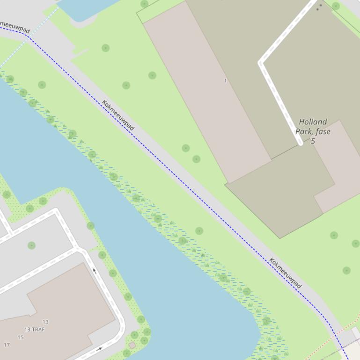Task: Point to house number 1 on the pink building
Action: (x=225, y=81)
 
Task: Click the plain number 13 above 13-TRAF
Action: (x=45, y=322)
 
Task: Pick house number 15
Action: (x=21, y=337)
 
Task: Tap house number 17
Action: (x=7, y=345)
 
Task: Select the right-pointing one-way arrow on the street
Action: (x=99, y=349)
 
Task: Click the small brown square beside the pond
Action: (x=132, y=345)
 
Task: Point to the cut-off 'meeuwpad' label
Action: (x=15, y=27)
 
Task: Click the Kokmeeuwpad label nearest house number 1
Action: (x=118, y=115)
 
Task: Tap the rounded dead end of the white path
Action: (x=300, y=143)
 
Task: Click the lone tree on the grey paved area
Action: (x=31, y=245)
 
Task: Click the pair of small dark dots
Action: (x=320, y=7)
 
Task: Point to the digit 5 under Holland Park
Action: (x=313, y=141)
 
